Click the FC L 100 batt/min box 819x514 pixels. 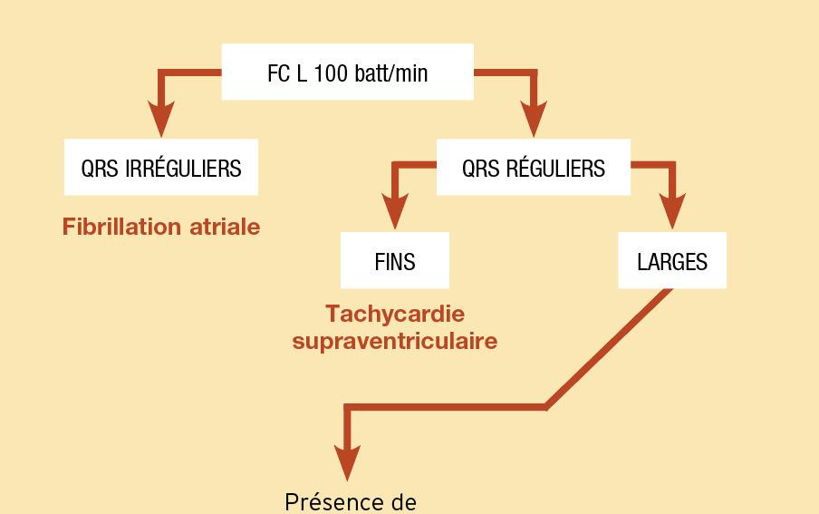(x=347, y=72)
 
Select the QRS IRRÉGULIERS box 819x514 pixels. (x=160, y=167)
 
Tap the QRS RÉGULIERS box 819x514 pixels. (x=533, y=167)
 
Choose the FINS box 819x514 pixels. (x=394, y=261)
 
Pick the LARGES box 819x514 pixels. (x=671, y=261)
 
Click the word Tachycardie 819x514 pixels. (x=394, y=315)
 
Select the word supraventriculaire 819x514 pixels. (x=394, y=342)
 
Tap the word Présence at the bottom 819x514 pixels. (x=325, y=501)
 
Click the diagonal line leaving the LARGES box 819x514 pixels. (x=609, y=348)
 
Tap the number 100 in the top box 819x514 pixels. (x=332, y=73)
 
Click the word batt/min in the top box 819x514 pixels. (x=390, y=73)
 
